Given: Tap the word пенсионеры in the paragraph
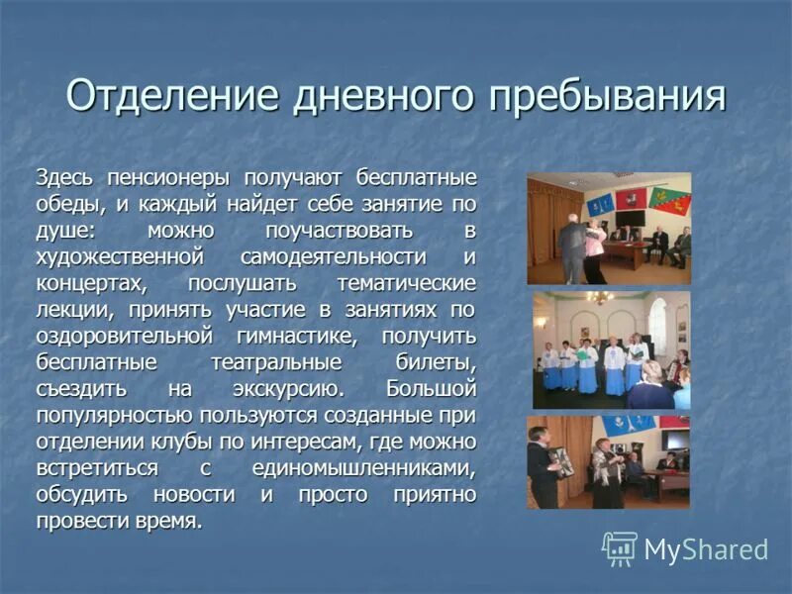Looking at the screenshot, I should pyautogui.click(x=164, y=178).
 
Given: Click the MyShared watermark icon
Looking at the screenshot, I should pyautogui.click(x=620, y=547).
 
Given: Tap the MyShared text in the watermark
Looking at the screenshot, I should pyautogui.click(x=706, y=549).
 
